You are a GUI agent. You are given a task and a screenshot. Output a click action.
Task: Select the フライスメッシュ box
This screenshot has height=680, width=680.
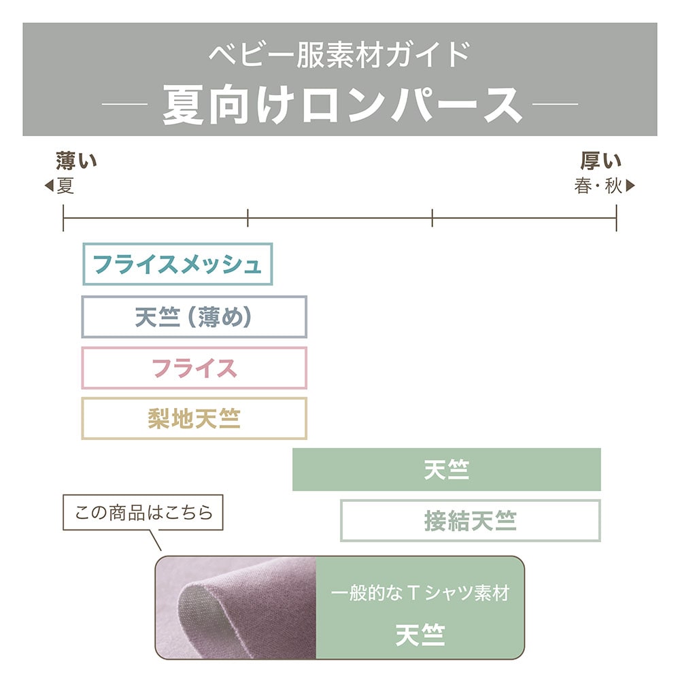(177, 264)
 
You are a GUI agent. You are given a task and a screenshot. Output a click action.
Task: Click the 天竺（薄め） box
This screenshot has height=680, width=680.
(194, 317)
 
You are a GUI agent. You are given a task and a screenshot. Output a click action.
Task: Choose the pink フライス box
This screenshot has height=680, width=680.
(194, 368)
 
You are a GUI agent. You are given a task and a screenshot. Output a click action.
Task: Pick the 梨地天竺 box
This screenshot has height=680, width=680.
(194, 418)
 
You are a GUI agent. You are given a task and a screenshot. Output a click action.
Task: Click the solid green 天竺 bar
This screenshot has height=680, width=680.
(446, 470)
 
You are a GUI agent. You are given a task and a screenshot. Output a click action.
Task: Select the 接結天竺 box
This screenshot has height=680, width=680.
(470, 521)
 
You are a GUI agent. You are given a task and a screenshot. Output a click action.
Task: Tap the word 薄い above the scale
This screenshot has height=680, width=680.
(76, 162)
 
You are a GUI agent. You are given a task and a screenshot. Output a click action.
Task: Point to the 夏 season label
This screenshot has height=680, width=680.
(65, 186)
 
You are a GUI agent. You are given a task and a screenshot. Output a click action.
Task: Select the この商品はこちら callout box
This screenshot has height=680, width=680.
(143, 512)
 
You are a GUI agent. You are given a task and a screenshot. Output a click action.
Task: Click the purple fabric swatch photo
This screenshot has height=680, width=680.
(236, 607)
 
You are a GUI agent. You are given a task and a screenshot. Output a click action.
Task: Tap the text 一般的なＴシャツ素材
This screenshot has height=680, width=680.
(420, 593)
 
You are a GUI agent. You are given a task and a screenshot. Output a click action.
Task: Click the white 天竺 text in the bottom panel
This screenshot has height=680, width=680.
(420, 635)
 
